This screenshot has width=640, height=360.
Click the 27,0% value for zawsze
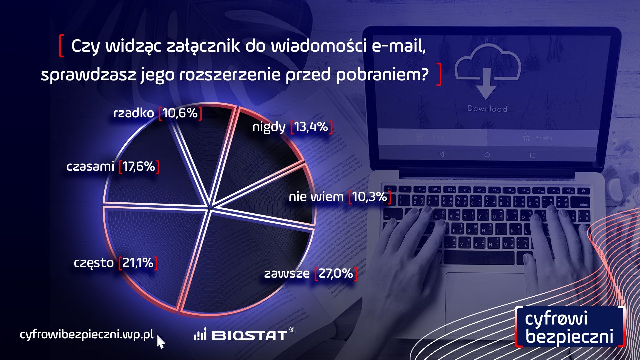[x=335, y=274]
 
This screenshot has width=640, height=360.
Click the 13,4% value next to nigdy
[x=311, y=127]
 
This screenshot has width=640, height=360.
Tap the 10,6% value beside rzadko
[x=180, y=113]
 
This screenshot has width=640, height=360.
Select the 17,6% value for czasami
[x=139, y=166]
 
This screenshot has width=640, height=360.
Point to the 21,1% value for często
[x=138, y=263]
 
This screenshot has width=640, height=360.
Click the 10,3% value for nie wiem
[x=369, y=197]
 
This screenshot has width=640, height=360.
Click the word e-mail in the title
[x=398, y=46]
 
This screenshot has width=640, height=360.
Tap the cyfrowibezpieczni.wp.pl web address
[x=87, y=334]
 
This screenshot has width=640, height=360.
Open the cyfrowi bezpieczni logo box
[x=569, y=327]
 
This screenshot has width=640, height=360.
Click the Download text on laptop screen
[x=487, y=109]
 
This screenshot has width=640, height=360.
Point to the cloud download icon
[x=487, y=73]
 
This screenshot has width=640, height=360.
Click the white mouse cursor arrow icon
[x=160, y=342]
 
